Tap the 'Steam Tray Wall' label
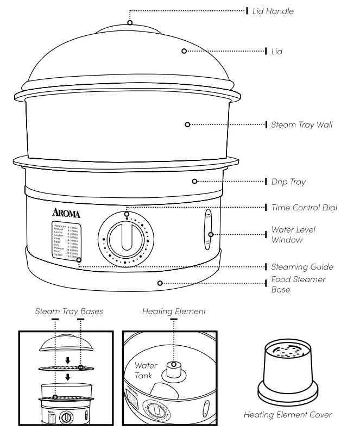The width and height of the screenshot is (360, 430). (x=302, y=124)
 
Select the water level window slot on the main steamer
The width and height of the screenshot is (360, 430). (x=208, y=231)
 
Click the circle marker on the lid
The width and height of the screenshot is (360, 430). (x=184, y=51)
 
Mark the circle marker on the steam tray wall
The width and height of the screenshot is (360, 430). (x=187, y=124)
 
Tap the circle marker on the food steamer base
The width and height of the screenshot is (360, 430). (x=160, y=282)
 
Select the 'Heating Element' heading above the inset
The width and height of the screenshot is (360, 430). (x=173, y=311)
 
